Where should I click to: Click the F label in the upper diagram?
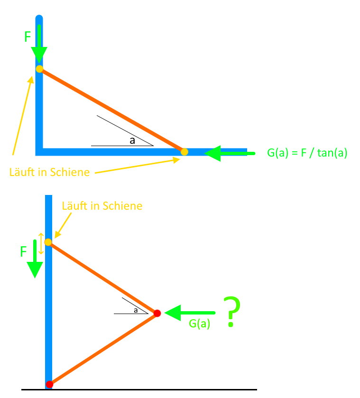[x=28, y=37]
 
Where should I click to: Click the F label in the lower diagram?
[x=23, y=251]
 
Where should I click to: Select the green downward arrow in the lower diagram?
[x=35, y=259]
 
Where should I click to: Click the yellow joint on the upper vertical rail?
[x=40, y=69]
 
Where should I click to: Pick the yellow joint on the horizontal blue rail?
[x=185, y=152]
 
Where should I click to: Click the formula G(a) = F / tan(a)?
[x=307, y=153]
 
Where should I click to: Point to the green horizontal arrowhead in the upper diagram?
[x=212, y=153]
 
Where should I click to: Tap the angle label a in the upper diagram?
[x=132, y=140]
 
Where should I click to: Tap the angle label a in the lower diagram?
[x=136, y=310]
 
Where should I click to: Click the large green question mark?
[x=231, y=312]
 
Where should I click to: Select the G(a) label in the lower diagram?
[x=200, y=324]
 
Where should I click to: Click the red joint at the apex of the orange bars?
[x=157, y=313]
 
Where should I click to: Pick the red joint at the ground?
[x=49, y=384]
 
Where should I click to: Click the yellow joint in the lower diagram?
[x=48, y=242]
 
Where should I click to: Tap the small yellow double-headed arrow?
[x=41, y=243]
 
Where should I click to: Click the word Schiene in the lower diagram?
[x=122, y=206]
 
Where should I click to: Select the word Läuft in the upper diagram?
[x=22, y=172]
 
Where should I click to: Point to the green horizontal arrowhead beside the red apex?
[x=173, y=313]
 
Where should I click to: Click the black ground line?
[x=139, y=389]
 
